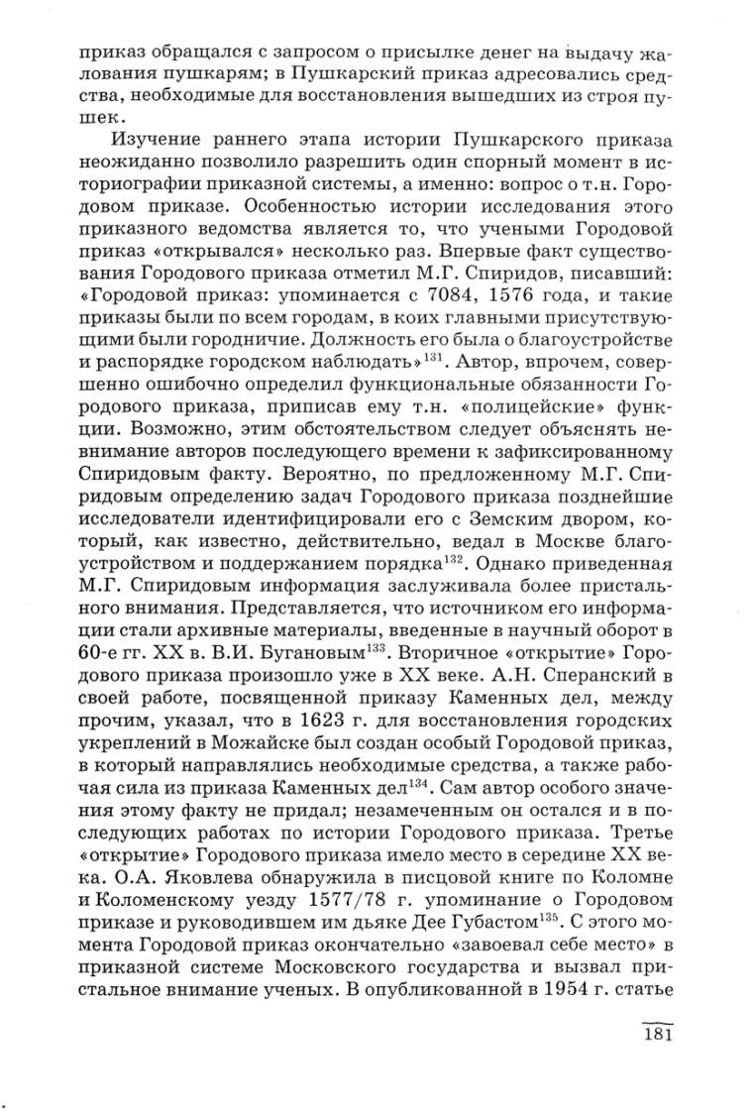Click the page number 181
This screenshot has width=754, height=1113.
tap(657, 1035)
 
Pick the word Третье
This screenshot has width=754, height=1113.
tap(641, 833)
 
